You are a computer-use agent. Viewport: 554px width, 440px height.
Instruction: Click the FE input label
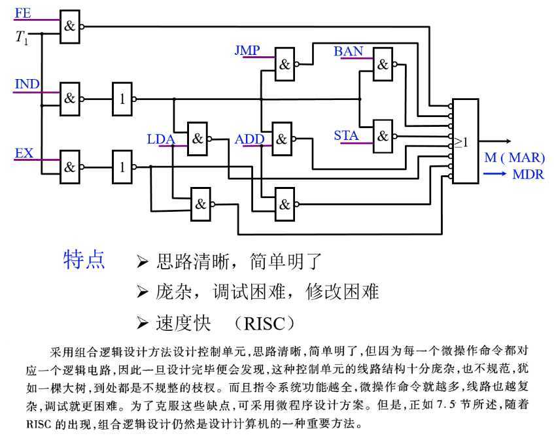[22, 12]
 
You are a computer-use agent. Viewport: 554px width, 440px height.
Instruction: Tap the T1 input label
[22, 38]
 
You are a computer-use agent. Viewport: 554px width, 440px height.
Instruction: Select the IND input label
[27, 84]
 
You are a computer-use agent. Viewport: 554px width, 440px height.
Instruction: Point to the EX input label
[24, 153]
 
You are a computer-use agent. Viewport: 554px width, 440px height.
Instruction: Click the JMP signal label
[247, 50]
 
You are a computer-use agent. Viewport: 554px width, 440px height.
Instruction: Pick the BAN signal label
[349, 50]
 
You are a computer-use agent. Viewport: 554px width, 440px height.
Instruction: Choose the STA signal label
[346, 135]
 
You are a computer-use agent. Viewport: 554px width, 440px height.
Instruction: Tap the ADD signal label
[249, 139]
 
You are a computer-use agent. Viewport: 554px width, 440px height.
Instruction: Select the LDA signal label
[161, 139]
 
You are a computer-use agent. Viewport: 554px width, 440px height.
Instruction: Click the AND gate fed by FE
[69, 27]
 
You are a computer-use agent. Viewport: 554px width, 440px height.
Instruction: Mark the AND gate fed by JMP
[285, 64]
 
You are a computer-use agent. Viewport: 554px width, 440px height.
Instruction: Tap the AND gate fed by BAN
[383, 64]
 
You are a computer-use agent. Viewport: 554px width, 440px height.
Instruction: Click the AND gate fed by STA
[383, 136]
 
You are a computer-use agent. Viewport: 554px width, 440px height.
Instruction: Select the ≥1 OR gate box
[465, 141]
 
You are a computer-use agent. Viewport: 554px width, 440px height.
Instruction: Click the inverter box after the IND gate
[121, 99]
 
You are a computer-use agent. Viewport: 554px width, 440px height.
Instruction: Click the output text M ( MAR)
[514, 158]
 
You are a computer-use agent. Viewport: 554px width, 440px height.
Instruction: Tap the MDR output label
[528, 175]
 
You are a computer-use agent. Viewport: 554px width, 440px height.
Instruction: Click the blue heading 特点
[84, 260]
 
